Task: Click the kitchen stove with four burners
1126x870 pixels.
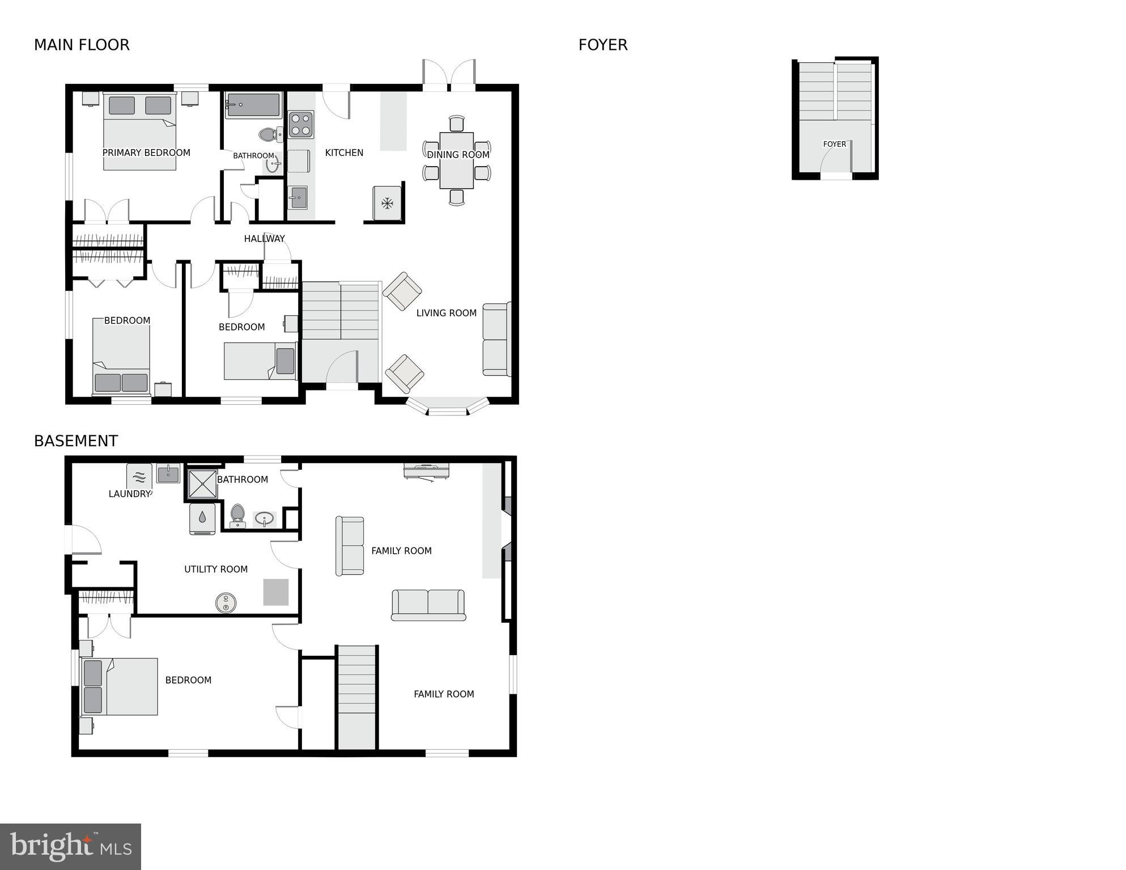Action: point(301,125)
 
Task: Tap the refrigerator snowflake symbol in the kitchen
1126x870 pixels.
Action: point(388,203)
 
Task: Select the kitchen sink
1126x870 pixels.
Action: point(298,198)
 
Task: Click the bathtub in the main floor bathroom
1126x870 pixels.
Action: point(253,105)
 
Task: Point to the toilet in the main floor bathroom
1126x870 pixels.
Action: point(268,134)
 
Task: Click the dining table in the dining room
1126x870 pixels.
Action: point(457,160)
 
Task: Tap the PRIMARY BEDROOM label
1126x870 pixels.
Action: point(146,152)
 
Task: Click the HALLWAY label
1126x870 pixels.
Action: point(264,239)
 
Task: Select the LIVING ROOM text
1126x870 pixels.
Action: point(446,313)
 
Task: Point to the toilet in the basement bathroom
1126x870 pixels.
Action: point(237,515)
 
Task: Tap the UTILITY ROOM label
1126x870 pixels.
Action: point(216,569)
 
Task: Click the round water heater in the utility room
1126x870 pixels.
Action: point(226,602)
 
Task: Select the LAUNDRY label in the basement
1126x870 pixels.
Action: point(130,494)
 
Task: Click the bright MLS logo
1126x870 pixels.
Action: point(70,846)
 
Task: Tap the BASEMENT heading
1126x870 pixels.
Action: point(76,441)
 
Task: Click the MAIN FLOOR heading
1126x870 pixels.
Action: point(82,45)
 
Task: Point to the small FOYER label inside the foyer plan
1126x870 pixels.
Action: point(834,144)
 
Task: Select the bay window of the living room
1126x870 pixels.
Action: point(448,407)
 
